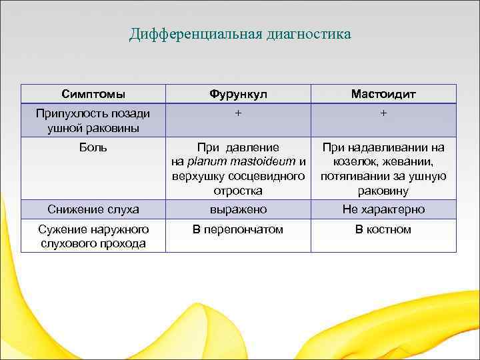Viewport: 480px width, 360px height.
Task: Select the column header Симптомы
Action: coord(93,94)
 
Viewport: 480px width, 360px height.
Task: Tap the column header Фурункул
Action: coord(238,94)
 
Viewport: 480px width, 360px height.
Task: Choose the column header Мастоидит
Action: coord(383,94)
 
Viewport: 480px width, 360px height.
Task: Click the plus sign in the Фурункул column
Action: coord(238,113)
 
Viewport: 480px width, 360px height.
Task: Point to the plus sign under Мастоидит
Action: coord(383,113)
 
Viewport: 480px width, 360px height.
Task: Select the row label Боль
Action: coord(93,147)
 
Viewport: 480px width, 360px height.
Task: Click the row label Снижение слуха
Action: coord(93,209)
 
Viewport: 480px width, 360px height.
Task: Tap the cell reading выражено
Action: coord(238,209)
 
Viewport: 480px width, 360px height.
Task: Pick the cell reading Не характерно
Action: coord(383,209)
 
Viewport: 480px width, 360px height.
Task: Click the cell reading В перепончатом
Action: coord(238,229)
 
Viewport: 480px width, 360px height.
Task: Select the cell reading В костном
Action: coord(383,229)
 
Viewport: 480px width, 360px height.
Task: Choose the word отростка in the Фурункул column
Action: coord(238,191)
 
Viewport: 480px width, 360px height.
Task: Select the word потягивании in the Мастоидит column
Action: coord(353,176)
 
